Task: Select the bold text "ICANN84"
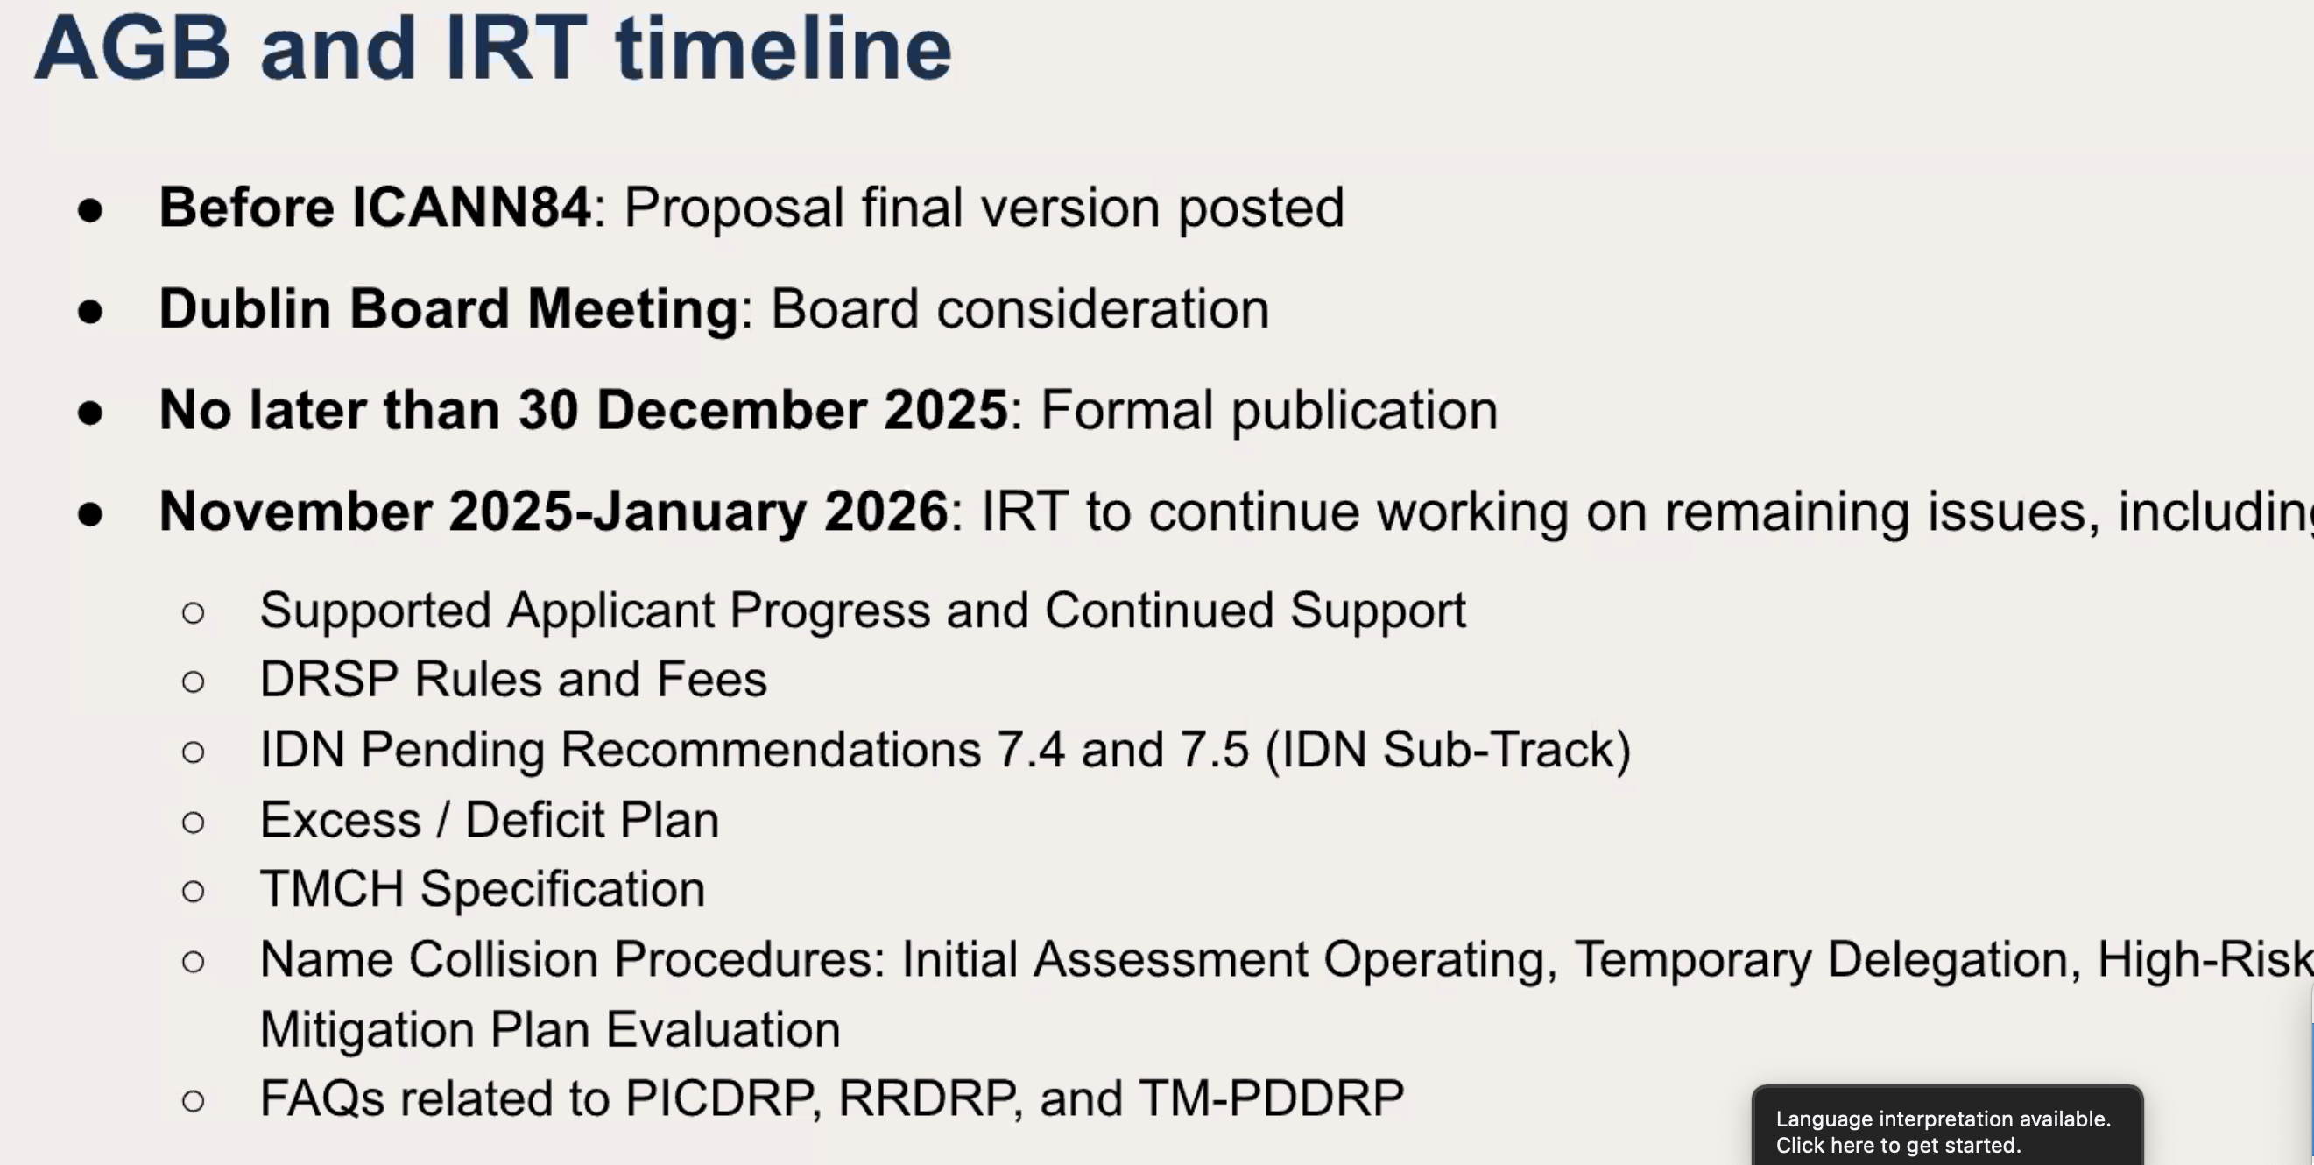tap(471, 208)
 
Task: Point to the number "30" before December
tap(548, 411)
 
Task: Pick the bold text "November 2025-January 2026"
tap(554, 513)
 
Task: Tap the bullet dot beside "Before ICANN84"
tap(90, 210)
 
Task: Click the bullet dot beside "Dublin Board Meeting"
tap(90, 312)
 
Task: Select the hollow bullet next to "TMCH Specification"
tap(194, 891)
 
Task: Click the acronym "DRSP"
tap(328, 679)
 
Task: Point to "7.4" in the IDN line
tap(1030, 750)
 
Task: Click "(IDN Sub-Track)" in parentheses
tap(1448, 751)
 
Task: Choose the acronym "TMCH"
tap(331, 889)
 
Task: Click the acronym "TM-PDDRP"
tap(1271, 1098)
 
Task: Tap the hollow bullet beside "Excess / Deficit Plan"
tap(194, 822)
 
